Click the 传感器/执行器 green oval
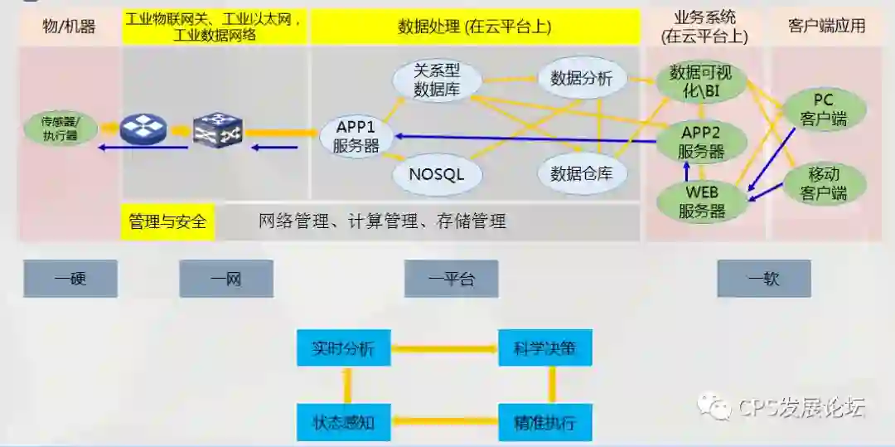[x=60, y=129]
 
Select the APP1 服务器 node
[x=356, y=137]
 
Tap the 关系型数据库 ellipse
[x=437, y=80]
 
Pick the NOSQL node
[x=437, y=174]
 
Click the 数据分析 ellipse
[x=581, y=79]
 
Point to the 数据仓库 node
[x=581, y=173]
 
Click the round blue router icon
[x=143, y=129]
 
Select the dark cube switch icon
[x=217, y=129]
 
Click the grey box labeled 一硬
[x=70, y=279]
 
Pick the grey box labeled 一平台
[x=452, y=279]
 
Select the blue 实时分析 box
[x=344, y=348]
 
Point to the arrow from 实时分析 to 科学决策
[x=444, y=348]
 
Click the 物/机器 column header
[x=69, y=26]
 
